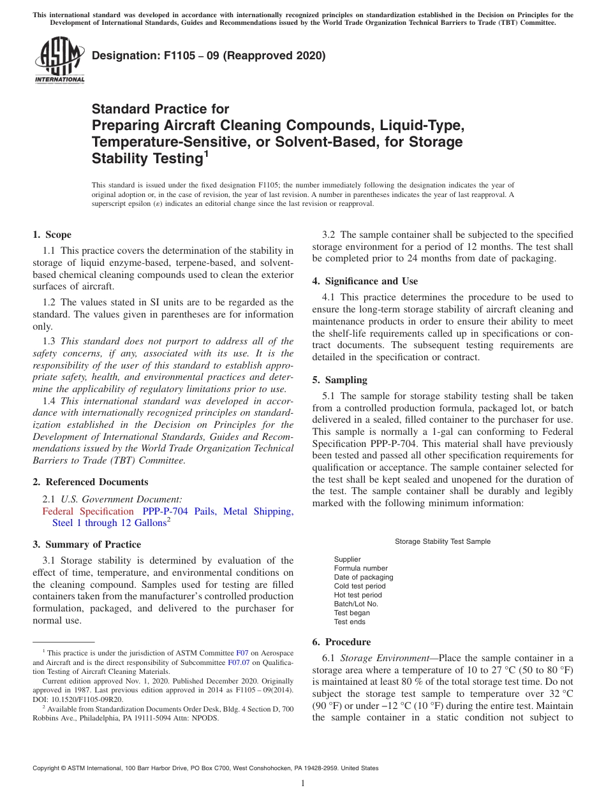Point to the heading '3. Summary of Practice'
coord(87,544)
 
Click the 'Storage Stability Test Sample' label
coord(443,541)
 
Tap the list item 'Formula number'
coord(360,568)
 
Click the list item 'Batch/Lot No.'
coord(356,604)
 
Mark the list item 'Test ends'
coord(350,622)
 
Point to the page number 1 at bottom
coord(303,783)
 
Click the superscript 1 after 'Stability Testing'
coord(205,154)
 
